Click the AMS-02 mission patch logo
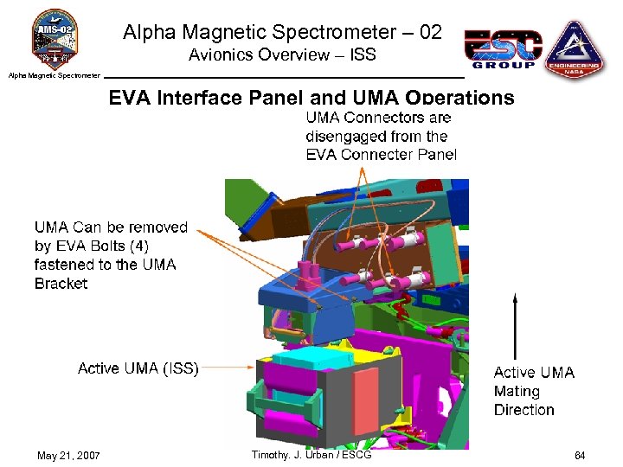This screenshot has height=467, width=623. coord(55,38)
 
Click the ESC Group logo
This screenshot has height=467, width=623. coord(504,50)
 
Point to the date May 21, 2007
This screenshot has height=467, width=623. coord(69,455)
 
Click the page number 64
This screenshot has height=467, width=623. coord(579,455)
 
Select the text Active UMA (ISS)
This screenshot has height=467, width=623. coord(138,368)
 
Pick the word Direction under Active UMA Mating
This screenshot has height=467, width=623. coord(523,410)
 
